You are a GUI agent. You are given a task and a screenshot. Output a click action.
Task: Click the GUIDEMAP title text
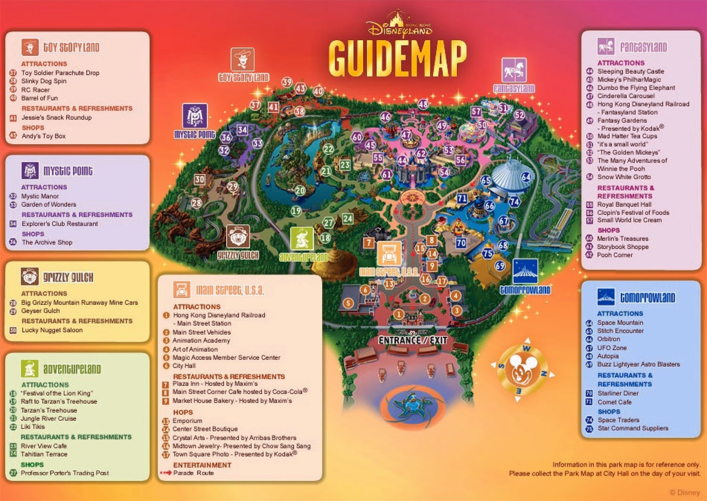click(397, 58)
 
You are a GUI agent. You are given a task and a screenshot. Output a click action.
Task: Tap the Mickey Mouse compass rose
click(521, 370)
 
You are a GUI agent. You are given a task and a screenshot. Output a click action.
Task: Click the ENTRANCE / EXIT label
click(412, 340)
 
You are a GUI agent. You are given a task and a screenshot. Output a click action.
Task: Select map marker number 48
click(423, 104)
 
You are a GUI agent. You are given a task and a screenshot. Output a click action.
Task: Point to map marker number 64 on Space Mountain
click(526, 177)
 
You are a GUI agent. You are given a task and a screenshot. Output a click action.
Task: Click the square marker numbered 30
click(200, 179)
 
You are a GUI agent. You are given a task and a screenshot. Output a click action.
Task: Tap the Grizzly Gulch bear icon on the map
click(238, 236)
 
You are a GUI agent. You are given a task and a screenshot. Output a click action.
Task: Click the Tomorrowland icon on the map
click(525, 272)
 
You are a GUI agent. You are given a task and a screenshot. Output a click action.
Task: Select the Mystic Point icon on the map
click(195, 116)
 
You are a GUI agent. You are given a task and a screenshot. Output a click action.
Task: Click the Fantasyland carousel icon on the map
click(514, 70)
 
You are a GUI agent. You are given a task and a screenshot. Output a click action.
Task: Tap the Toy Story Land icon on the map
click(243, 60)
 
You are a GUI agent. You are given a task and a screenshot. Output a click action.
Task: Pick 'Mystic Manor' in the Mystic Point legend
click(40, 196)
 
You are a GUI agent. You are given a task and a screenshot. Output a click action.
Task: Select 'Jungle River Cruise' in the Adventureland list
click(48, 419)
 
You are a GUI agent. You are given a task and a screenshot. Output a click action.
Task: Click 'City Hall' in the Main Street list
click(184, 366)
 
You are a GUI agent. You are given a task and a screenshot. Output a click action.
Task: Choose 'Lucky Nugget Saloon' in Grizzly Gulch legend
click(52, 330)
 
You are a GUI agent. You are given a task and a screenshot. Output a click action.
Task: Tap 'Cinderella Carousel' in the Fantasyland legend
click(625, 96)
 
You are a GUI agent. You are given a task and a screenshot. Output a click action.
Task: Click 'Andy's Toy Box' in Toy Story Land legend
click(43, 136)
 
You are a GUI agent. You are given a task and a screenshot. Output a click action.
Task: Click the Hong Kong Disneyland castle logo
click(399, 25)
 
